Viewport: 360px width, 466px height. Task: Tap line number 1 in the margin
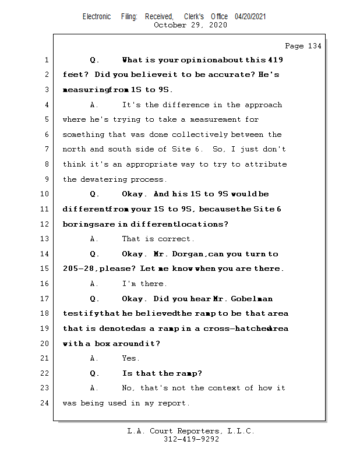click(x=46, y=60)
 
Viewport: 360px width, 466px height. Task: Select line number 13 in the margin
click(x=44, y=239)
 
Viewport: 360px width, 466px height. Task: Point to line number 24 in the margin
click(x=44, y=403)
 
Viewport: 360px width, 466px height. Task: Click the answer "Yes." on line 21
click(x=130, y=358)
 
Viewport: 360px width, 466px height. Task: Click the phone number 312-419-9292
click(x=191, y=440)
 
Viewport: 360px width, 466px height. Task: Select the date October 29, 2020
click(x=191, y=24)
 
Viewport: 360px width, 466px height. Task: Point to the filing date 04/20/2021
click(x=250, y=16)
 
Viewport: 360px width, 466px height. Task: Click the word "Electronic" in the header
click(x=97, y=16)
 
